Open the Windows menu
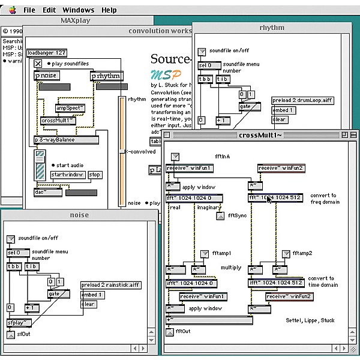[x=78, y=10]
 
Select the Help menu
[x=109, y=10]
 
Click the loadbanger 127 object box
[x=46, y=53]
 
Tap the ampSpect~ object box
[x=71, y=108]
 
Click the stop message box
[x=95, y=175]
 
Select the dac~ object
[x=48, y=192]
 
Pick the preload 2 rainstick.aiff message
[x=110, y=285]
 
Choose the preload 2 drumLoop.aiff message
[x=302, y=100]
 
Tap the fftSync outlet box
[x=220, y=215]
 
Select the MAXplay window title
[x=78, y=20]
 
